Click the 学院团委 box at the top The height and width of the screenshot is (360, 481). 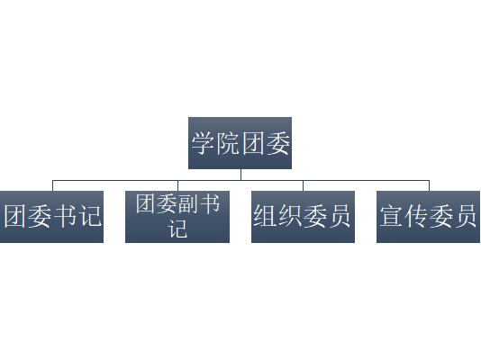click(240, 143)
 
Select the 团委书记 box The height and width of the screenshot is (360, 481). click(51, 217)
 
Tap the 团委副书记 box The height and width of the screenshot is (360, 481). click(177, 217)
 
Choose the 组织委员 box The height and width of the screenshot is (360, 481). click(303, 217)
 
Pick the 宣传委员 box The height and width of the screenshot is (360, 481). click(428, 217)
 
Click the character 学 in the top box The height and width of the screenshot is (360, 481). click(203, 143)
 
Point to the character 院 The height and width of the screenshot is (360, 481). click(228, 143)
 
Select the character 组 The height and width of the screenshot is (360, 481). click(265, 216)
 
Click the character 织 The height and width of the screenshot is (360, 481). click(289, 216)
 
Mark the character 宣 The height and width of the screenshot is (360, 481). click(391, 216)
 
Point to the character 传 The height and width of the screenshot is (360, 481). click(415, 216)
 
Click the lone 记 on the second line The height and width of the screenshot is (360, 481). click(177, 229)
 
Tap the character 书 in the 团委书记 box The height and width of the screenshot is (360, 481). click(65, 216)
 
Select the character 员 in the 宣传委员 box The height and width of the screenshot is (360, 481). click(465, 216)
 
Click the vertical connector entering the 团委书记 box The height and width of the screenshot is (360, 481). click(53, 185)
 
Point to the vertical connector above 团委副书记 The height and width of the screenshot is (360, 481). click(178, 185)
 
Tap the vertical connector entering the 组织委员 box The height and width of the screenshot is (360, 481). click(303, 185)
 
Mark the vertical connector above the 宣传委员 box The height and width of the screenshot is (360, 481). click(429, 185)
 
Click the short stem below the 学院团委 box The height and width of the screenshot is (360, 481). click(240, 175)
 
